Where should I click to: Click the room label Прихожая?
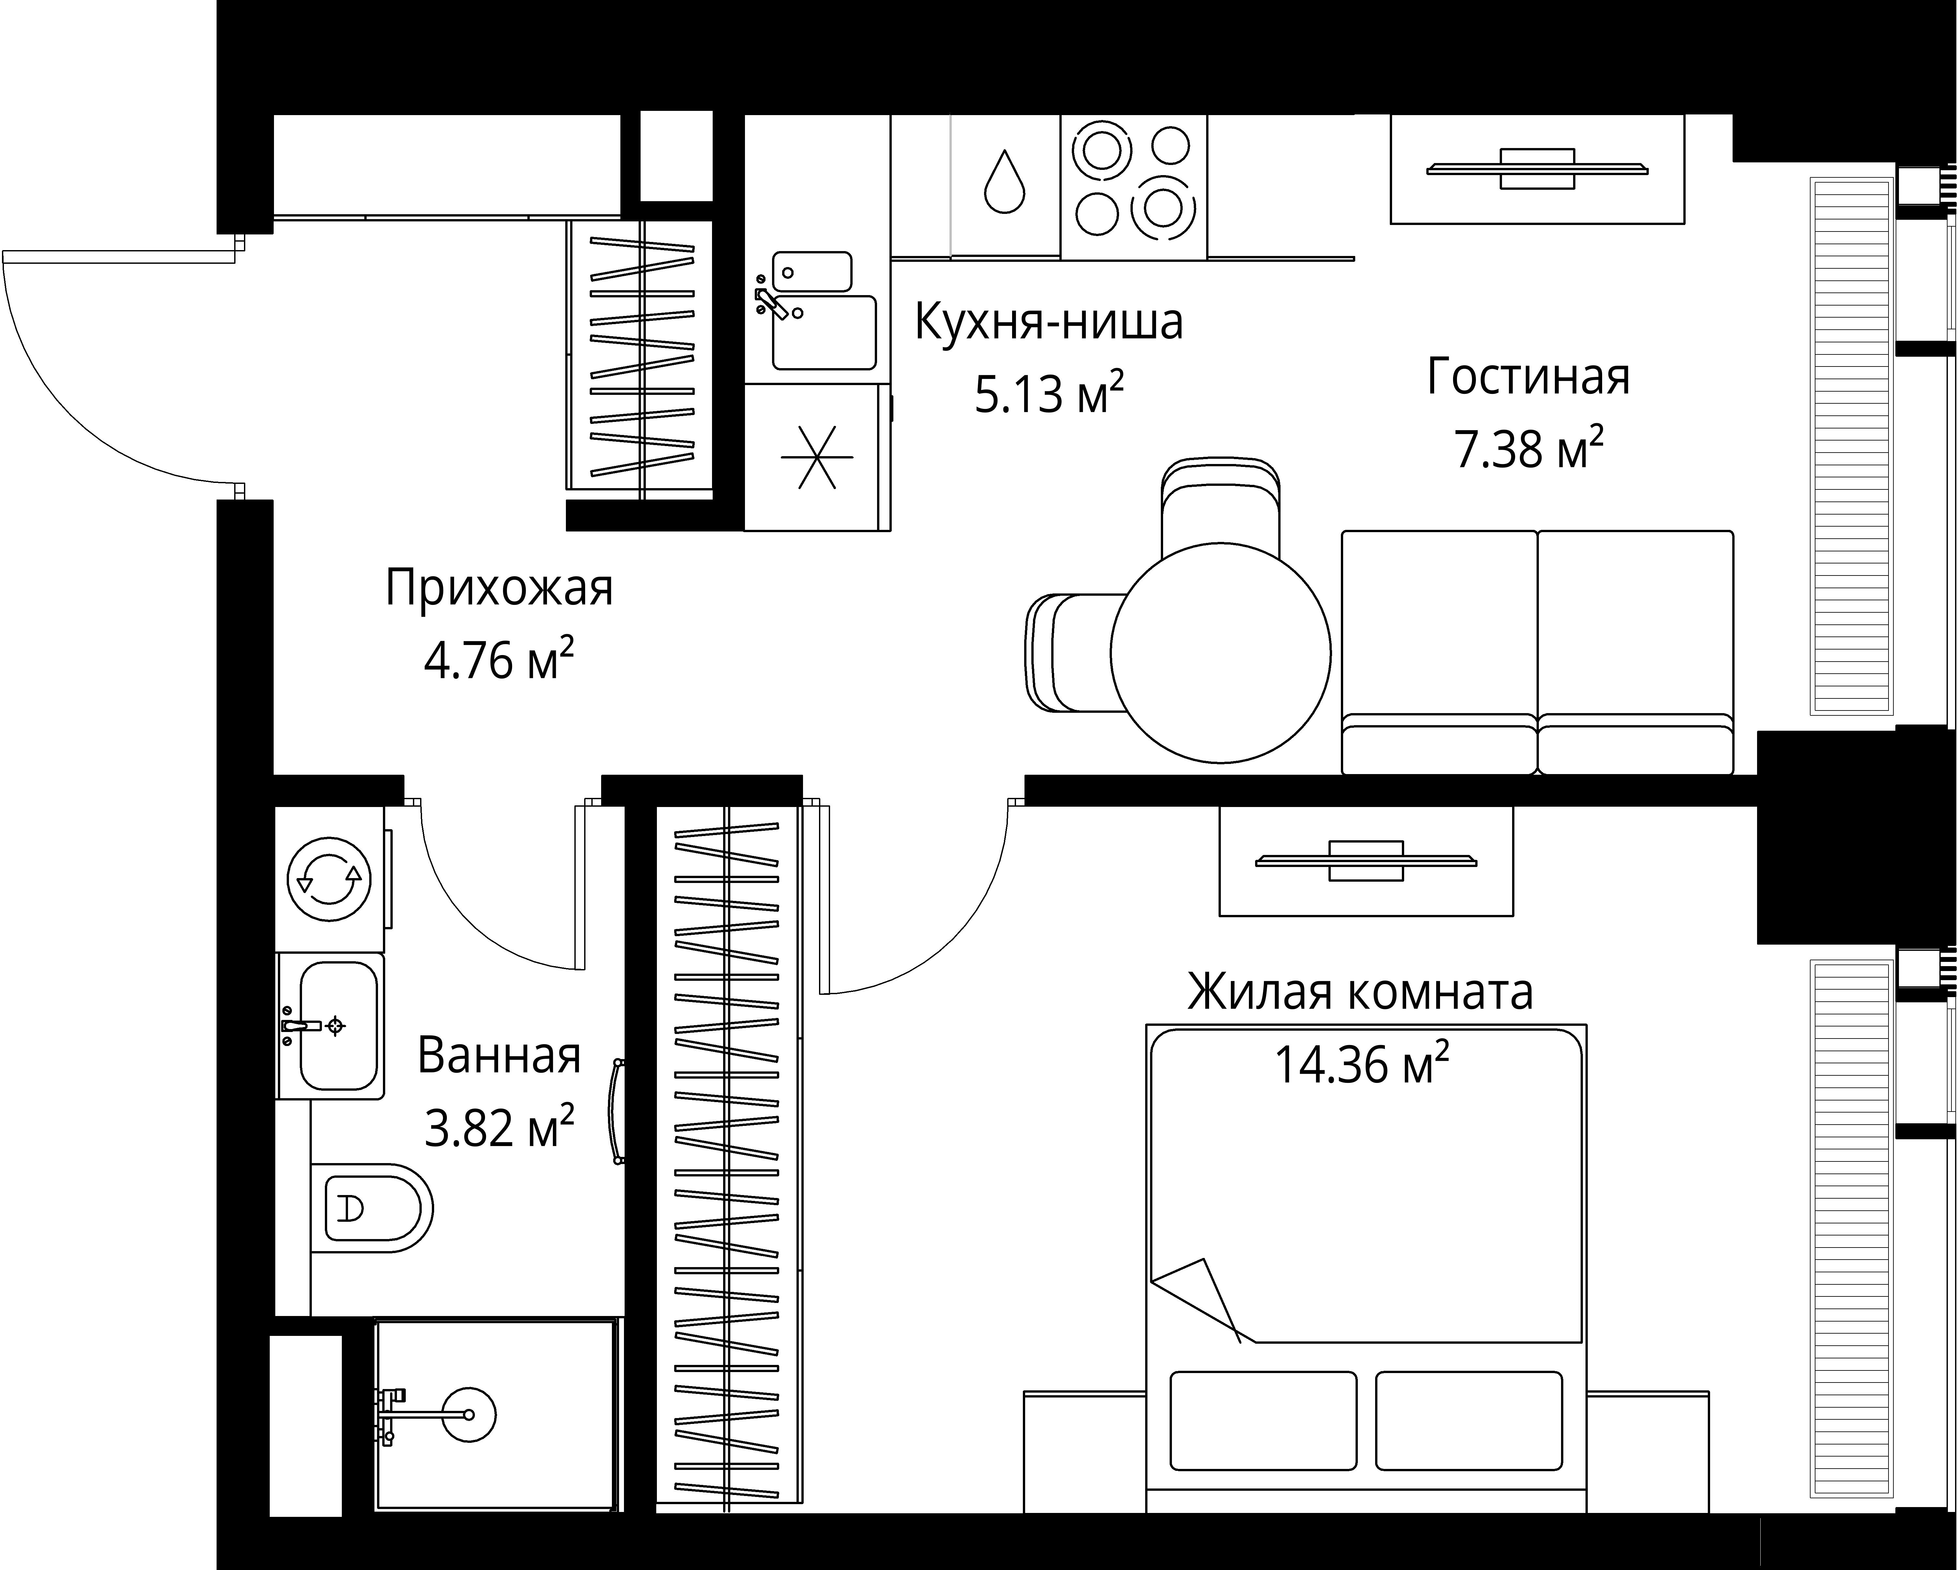click(499, 588)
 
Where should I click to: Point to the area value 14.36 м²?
click(1361, 1065)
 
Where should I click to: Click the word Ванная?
click(499, 1056)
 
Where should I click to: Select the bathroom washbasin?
click(338, 1025)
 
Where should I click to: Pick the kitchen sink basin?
click(823, 332)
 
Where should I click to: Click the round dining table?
click(1221, 652)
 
